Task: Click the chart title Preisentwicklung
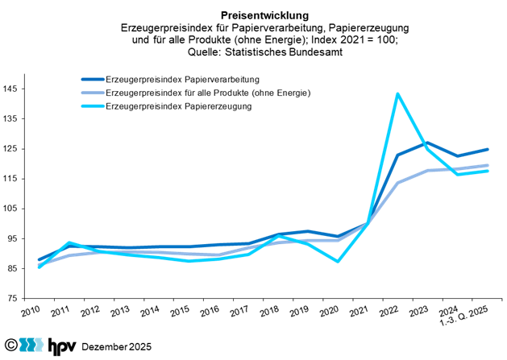click(253, 14)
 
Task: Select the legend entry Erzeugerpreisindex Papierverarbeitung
click(181, 80)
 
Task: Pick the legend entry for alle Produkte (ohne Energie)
click(207, 93)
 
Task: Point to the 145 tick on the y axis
click(13, 89)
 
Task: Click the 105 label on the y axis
click(13, 209)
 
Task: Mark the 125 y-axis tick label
click(13, 149)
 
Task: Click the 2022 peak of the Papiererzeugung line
click(398, 93)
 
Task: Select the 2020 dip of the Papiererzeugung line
click(339, 261)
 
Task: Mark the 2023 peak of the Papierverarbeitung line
click(427, 143)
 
